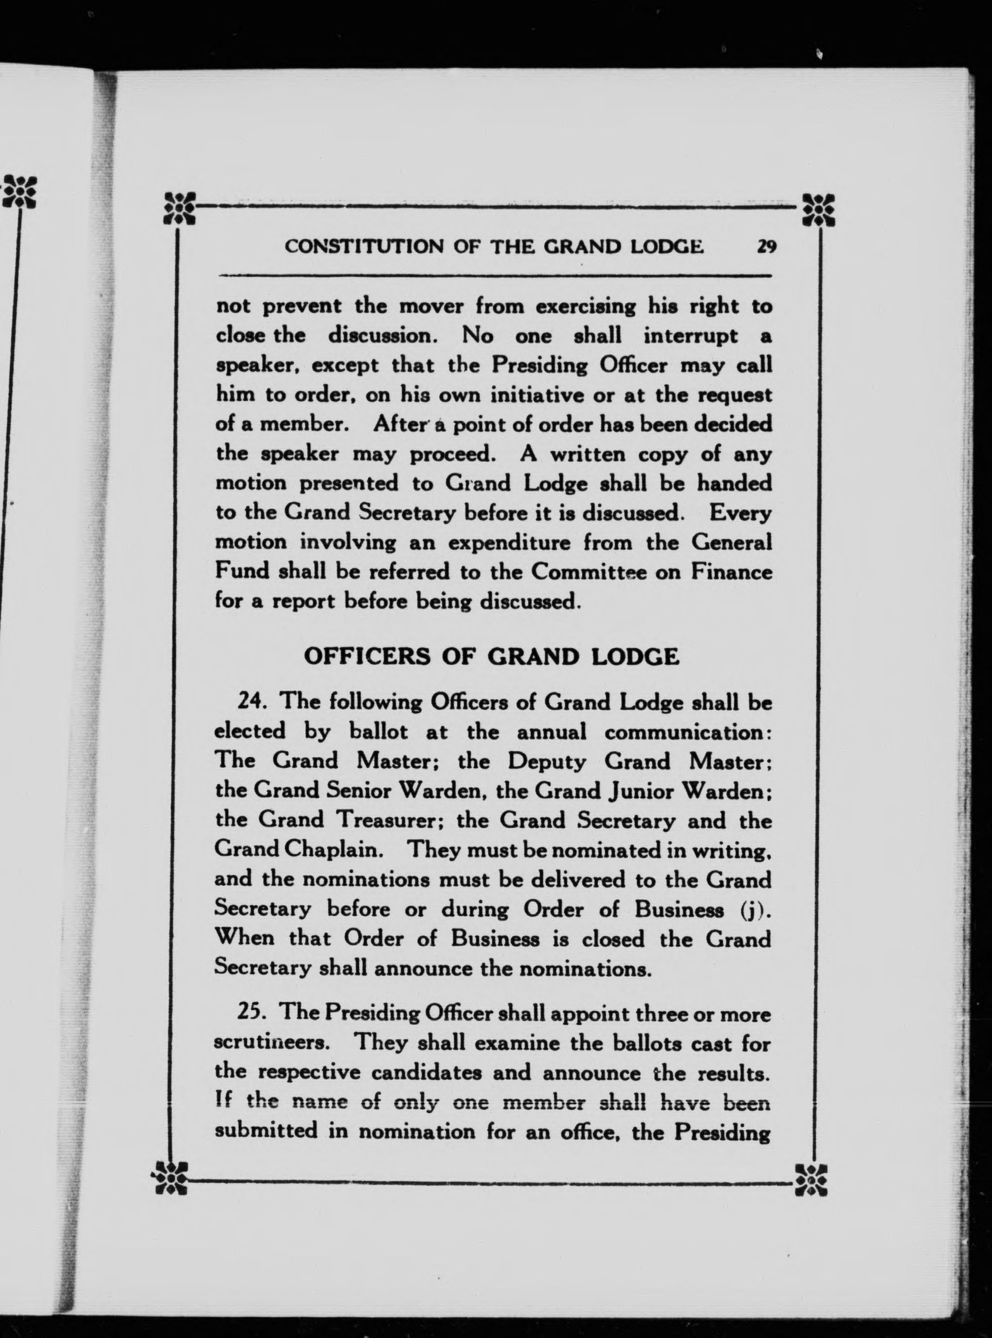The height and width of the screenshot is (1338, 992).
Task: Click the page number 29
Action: click(767, 247)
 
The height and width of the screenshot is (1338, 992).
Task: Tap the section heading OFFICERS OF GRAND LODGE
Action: click(492, 656)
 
